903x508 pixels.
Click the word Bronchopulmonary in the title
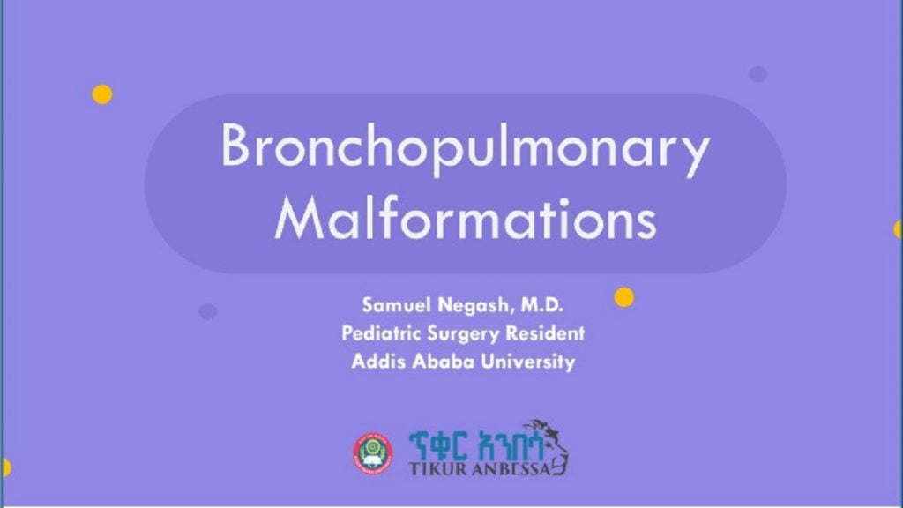click(x=465, y=150)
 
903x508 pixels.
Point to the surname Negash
click(x=465, y=306)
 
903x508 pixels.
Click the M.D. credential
click(x=537, y=306)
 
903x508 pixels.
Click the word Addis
click(x=375, y=362)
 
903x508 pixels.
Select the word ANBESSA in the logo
click(x=511, y=467)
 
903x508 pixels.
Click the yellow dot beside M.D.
click(x=624, y=297)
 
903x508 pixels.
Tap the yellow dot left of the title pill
click(x=102, y=94)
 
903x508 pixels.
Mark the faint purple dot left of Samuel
click(x=208, y=311)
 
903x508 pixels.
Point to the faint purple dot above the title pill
click(x=758, y=74)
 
